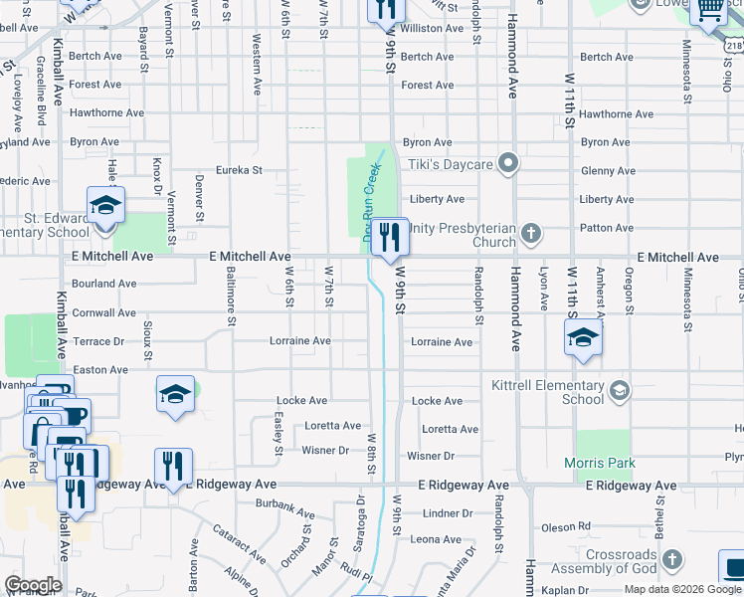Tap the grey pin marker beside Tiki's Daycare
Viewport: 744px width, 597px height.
click(x=509, y=162)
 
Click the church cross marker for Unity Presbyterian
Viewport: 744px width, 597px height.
click(x=531, y=235)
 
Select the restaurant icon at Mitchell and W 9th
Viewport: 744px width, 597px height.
click(x=390, y=237)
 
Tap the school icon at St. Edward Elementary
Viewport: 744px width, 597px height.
click(x=105, y=206)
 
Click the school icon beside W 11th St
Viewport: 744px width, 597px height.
click(x=584, y=337)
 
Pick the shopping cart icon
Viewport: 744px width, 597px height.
click(x=708, y=10)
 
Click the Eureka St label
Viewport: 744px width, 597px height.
click(x=239, y=170)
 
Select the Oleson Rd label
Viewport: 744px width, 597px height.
click(x=565, y=526)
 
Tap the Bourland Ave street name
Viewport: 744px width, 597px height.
click(x=104, y=284)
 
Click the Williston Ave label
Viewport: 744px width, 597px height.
click(x=433, y=29)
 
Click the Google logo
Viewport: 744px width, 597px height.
click(x=32, y=585)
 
